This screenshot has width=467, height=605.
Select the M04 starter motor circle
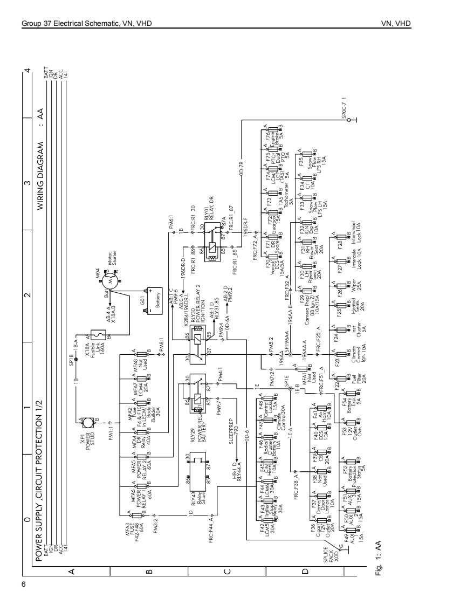pyautogui.click(x=111, y=281)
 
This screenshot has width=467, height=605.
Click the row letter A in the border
pyautogui.click(x=70, y=570)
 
